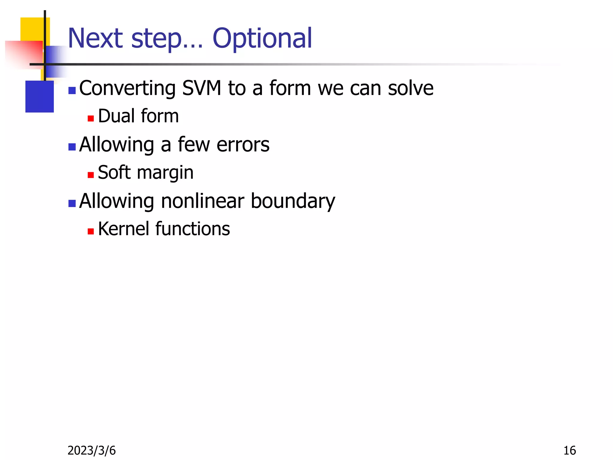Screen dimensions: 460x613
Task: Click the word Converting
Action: pos(127,89)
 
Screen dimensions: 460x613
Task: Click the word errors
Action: pos(243,145)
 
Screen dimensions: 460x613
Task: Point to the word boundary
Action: pos(293,202)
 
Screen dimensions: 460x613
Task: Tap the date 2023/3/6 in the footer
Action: pos(92,450)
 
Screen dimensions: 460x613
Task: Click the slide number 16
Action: pos(570,450)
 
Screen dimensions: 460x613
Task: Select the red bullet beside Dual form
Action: pos(91,119)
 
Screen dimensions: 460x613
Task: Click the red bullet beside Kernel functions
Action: pos(91,231)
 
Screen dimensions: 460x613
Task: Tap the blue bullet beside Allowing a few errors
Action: pos(72,147)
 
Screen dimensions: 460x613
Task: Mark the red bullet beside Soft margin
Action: pos(91,175)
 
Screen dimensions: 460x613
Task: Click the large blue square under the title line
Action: pos(40,96)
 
